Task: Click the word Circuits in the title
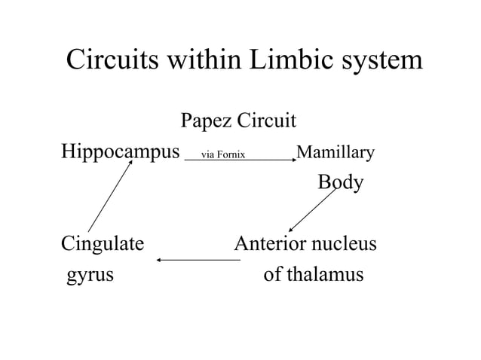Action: pos(113,59)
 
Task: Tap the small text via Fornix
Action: pos(218,156)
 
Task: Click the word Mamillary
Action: pos(335,154)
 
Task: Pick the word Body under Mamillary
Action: pos(340,183)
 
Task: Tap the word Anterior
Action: pos(271,244)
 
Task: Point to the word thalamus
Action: pos(324,273)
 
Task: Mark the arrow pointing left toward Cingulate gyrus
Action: pos(198,261)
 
